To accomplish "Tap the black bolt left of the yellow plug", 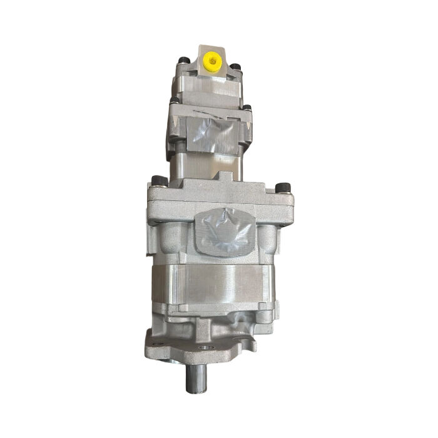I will (183, 61).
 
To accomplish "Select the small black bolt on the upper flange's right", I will (245, 109).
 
